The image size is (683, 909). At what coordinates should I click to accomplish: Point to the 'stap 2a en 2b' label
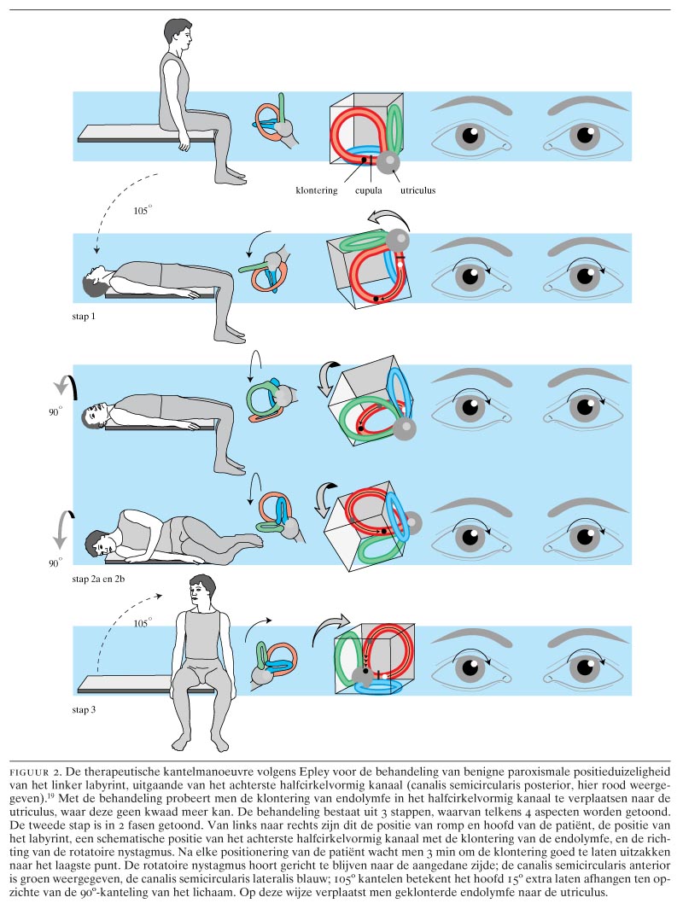(102, 579)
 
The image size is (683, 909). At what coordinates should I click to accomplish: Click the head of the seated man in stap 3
(201, 591)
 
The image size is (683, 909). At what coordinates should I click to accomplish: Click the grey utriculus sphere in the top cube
(389, 160)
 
